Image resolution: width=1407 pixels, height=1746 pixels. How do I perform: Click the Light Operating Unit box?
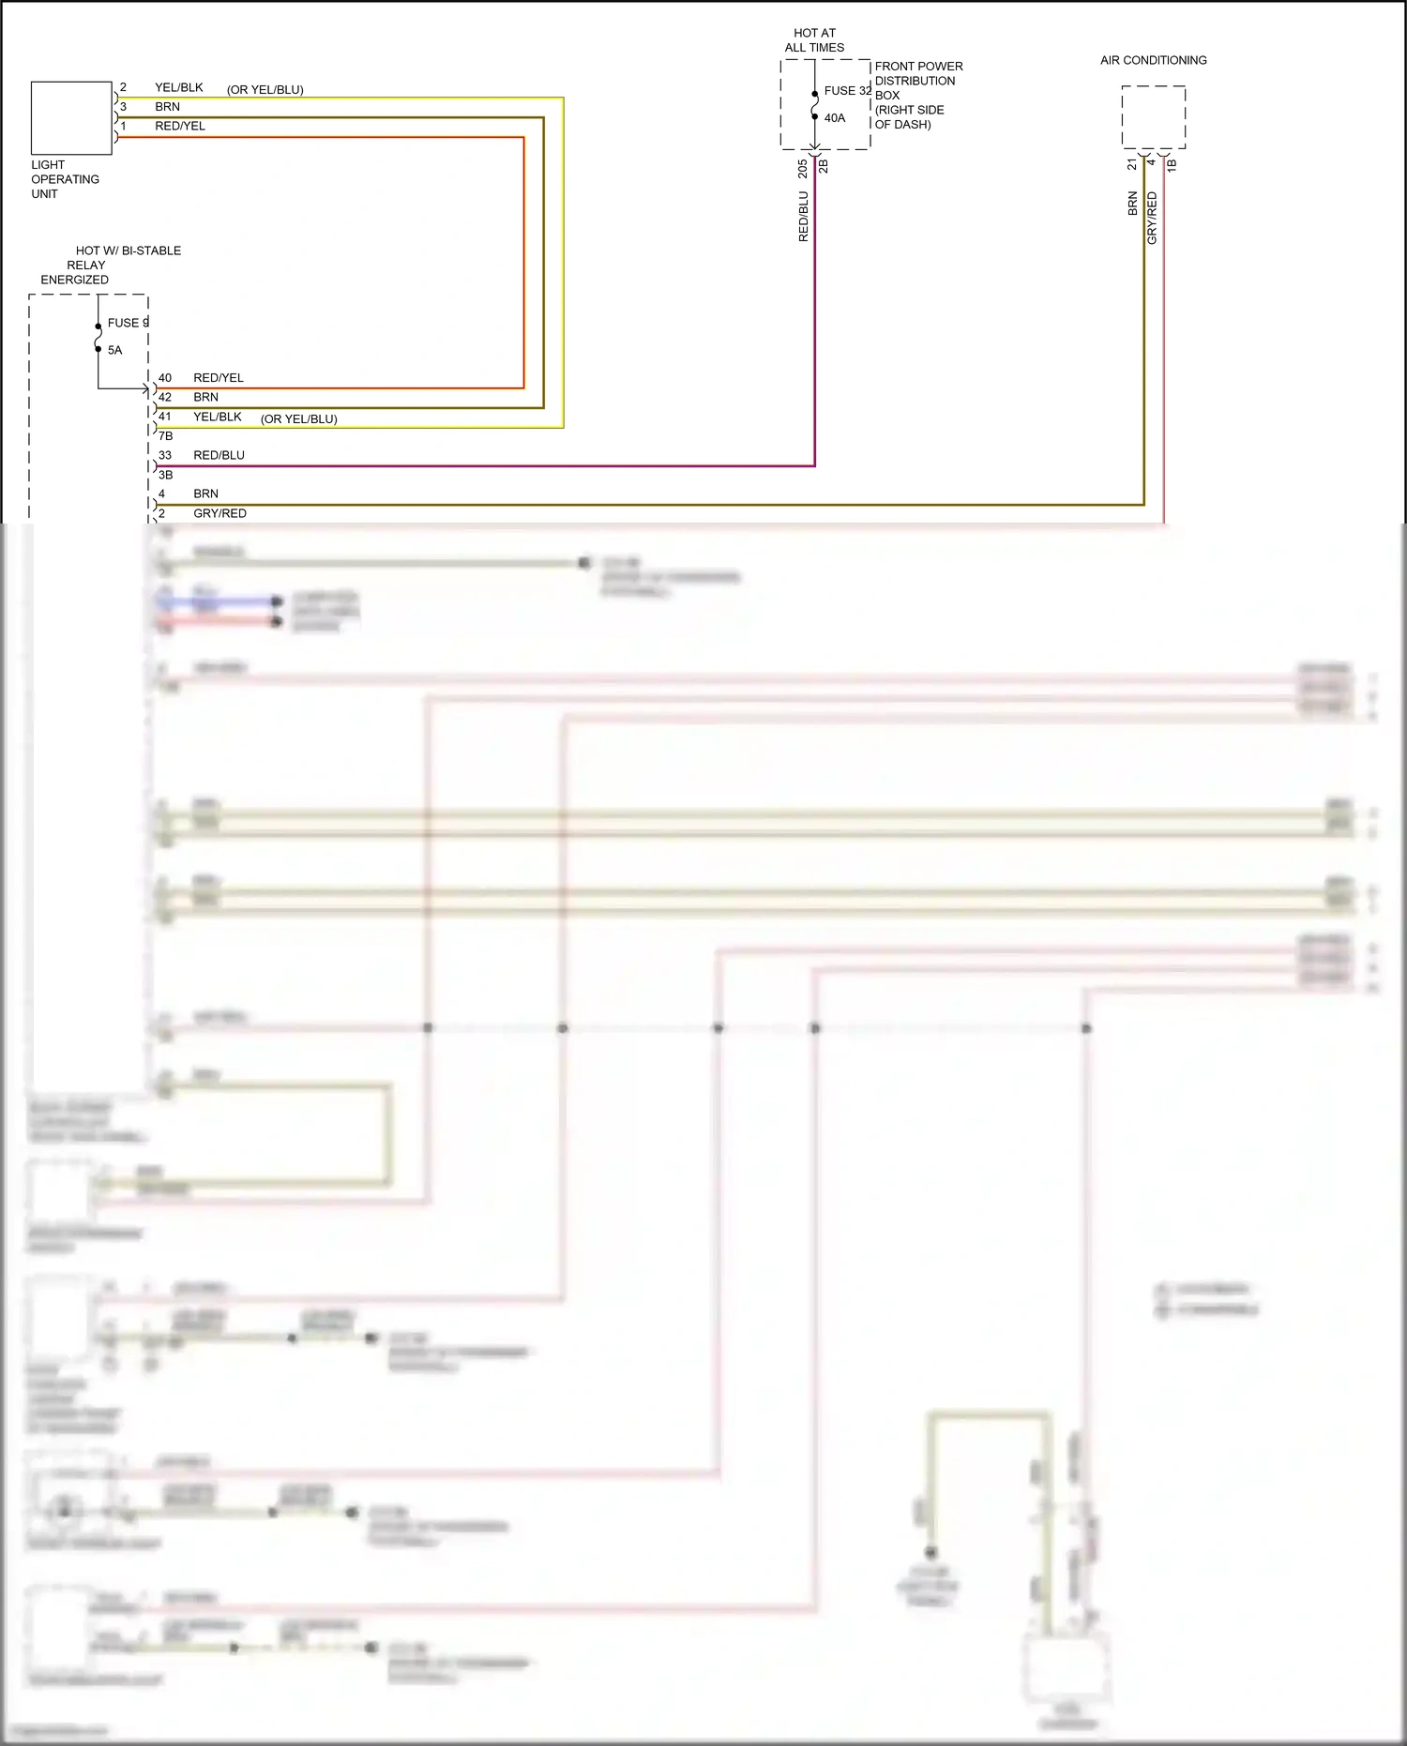71,118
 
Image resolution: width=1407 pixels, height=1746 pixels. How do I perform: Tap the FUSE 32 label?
847,91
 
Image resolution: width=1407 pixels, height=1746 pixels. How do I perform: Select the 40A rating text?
835,118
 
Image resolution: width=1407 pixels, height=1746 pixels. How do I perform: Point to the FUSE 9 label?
128,323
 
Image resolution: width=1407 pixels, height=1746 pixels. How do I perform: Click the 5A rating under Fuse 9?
114,350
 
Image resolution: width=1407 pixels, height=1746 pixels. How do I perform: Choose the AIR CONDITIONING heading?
1153,60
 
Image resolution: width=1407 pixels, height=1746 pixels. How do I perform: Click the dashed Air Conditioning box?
1153,117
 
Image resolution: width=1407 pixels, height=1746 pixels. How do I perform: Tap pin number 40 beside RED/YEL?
165,378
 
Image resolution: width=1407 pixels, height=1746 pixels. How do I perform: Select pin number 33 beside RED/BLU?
165,455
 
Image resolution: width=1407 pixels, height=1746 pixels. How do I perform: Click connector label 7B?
166,436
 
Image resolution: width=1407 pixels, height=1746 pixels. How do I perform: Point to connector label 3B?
166,475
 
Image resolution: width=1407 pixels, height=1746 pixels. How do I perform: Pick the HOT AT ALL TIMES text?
814,40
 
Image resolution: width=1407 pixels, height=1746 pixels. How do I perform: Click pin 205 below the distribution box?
803,169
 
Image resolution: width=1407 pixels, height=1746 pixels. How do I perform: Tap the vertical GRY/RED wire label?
1152,219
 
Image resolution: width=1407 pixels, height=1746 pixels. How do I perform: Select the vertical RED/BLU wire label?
803,217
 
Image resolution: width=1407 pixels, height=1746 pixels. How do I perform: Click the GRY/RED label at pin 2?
219,513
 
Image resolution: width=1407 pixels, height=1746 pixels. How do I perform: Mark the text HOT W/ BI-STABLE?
129,251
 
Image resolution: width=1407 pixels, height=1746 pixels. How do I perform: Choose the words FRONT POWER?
918,67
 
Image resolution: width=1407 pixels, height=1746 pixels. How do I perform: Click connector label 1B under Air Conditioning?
1172,165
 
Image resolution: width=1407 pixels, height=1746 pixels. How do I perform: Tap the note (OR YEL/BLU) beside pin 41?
298,419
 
